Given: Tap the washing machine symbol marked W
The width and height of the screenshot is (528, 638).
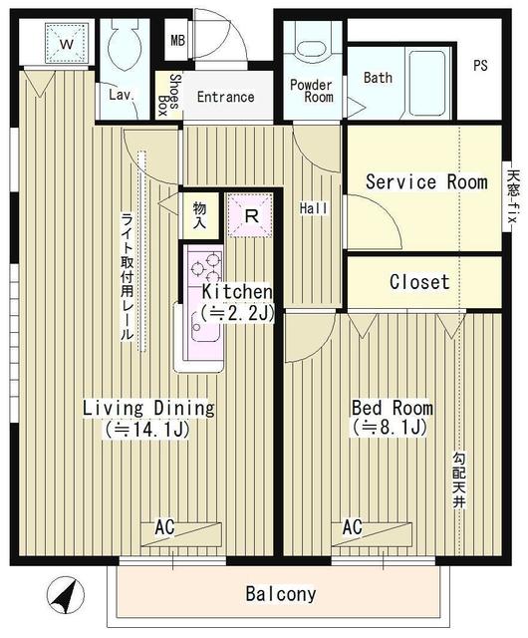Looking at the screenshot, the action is click(x=67, y=44).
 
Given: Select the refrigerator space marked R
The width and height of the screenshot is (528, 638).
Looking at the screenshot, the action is click(x=251, y=215).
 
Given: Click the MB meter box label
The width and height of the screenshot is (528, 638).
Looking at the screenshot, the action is click(x=177, y=40).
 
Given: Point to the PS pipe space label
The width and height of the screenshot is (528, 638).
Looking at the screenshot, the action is click(x=480, y=65).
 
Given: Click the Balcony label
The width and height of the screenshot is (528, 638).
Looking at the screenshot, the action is click(x=281, y=594).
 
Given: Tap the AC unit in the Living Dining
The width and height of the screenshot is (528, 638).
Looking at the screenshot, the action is click(x=181, y=534).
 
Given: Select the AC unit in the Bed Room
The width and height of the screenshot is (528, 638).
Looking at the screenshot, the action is click(x=372, y=534).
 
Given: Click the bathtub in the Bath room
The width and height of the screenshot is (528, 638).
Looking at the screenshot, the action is click(x=426, y=84).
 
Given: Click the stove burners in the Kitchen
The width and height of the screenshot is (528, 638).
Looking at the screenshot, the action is click(x=205, y=266).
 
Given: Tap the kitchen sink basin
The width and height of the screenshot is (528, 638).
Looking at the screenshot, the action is click(x=205, y=330).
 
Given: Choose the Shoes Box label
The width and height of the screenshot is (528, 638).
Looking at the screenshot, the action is click(x=168, y=95).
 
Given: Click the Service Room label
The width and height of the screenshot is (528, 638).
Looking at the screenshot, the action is click(x=426, y=181).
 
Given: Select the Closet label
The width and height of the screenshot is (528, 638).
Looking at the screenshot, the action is click(x=419, y=281).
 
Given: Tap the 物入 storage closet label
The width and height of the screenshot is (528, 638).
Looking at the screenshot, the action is click(x=199, y=215).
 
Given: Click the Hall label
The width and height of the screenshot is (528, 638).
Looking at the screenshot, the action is click(x=313, y=208).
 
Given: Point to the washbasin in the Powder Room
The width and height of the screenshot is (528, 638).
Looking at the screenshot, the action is click(x=312, y=49).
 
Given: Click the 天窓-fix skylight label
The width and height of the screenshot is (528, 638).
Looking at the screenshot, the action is click(x=511, y=196).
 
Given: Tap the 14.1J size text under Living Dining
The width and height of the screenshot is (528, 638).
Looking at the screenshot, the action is click(x=147, y=430).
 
